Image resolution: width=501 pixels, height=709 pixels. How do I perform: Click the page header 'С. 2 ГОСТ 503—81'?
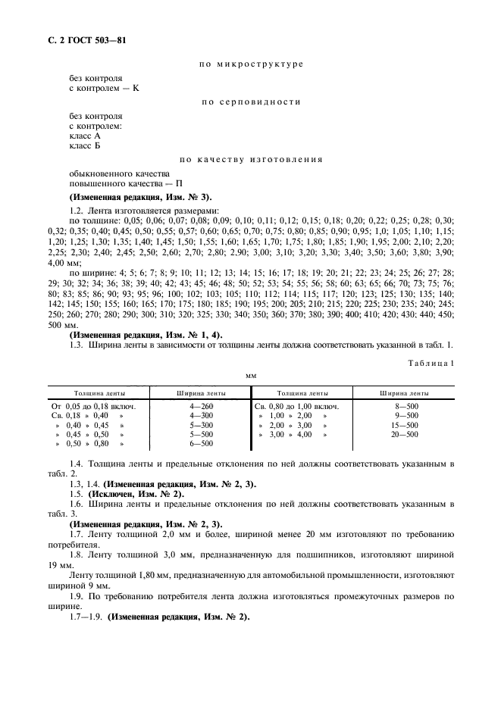pos(79,40)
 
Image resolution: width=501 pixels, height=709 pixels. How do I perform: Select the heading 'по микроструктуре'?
pos(250,64)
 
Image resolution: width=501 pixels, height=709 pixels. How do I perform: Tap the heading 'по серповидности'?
pos(250,102)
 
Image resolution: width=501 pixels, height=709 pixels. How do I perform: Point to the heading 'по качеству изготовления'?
pos(250,159)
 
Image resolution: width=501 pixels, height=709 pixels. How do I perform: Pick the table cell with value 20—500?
pos(404,434)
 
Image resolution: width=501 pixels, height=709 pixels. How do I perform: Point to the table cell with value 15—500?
pos(404,425)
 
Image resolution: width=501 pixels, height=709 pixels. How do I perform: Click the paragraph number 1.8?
pos(76,553)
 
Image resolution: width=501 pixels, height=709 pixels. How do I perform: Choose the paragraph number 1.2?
pos(76,210)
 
